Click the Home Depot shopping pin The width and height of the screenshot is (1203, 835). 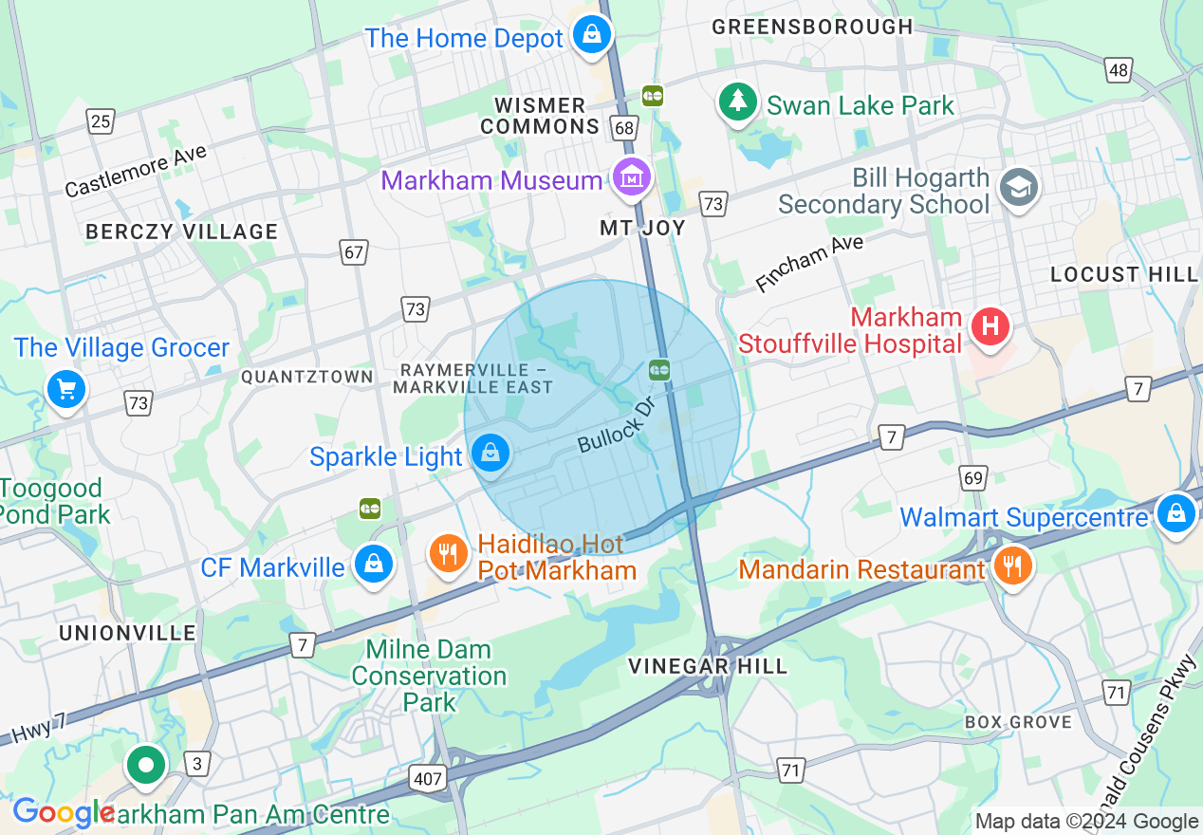click(x=592, y=35)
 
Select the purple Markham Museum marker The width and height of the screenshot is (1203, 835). click(x=631, y=176)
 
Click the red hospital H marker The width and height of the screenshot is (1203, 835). click(x=990, y=327)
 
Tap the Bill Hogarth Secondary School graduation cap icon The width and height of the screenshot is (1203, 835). click(x=1020, y=187)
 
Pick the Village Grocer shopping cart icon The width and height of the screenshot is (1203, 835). click(x=66, y=388)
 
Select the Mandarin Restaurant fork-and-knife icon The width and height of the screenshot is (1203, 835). click(x=1013, y=566)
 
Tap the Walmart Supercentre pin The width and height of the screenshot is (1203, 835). click(x=1175, y=513)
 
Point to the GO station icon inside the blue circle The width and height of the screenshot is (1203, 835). click(x=659, y=369)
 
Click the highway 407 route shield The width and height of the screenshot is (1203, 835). click(x=427, y=779)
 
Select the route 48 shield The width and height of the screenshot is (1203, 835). click(x=1119, y=69)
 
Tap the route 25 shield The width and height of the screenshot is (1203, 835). click(x=100, y=121)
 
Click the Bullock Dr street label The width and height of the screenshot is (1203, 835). click(x=617, y=427)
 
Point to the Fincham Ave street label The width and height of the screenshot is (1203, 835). click(x=809, y=263)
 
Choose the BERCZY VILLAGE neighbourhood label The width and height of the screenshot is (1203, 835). click(x=181, y=232)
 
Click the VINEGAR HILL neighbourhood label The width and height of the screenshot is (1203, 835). click(x=708, y=666)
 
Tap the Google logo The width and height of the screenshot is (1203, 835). click(x=63, y=812)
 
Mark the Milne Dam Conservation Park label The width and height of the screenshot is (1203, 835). click(x=429, y=676)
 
